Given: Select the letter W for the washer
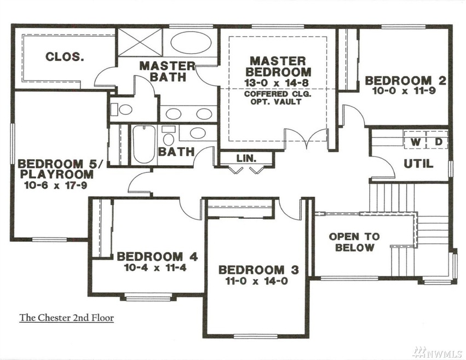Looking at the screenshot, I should tap(416, 142).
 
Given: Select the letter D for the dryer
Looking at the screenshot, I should tap(439, 142).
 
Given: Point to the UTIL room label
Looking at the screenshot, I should tap(418, 164).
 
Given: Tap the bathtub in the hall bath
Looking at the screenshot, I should tap(144, 144).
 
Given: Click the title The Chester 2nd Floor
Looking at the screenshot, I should tap(67, 317).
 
